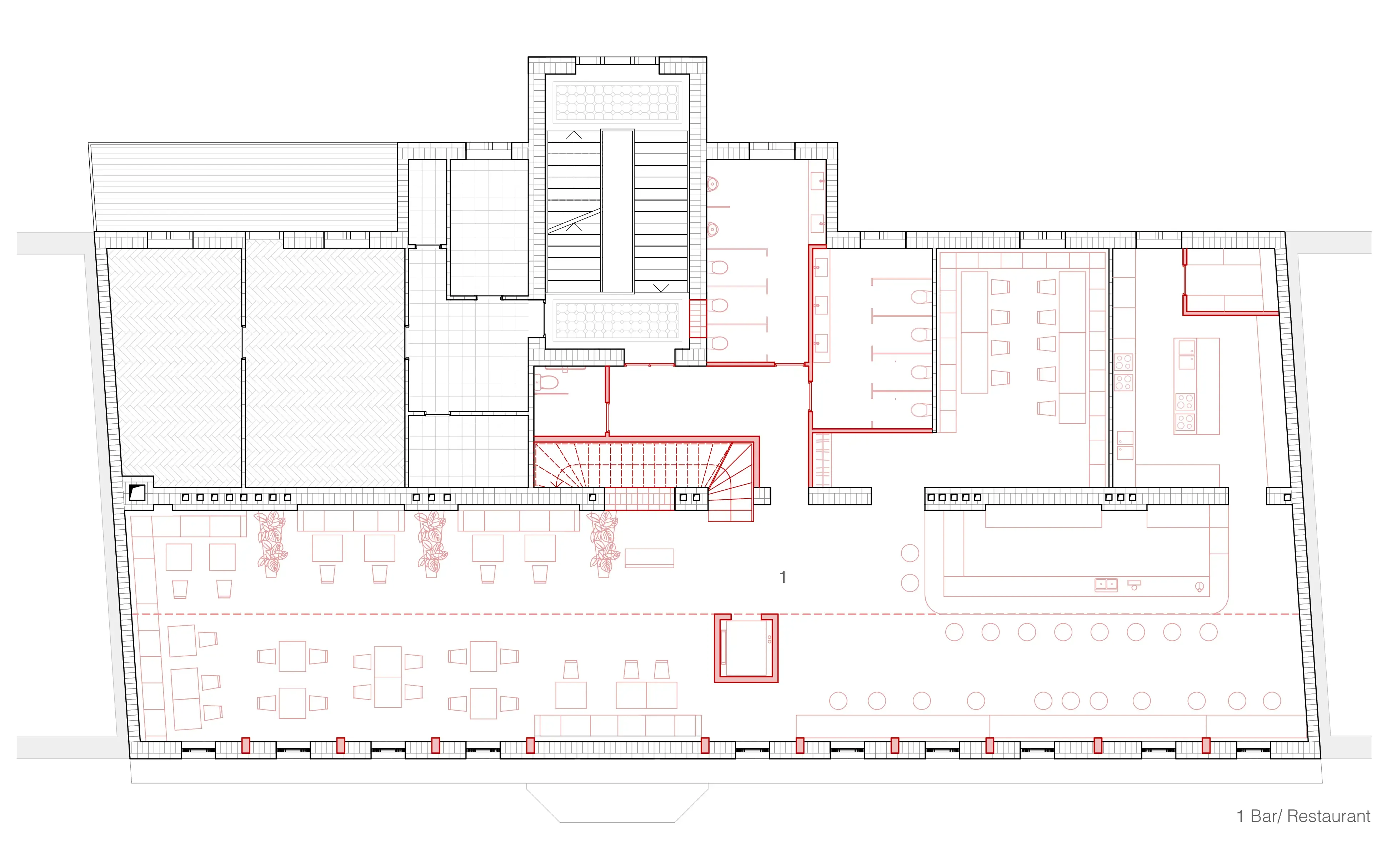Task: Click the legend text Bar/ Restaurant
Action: point(1310,817)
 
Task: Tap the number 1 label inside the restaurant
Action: point(782,577)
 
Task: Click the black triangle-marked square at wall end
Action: point(137,493)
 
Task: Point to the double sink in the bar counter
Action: point(1106,585)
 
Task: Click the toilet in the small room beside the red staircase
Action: point(546,383)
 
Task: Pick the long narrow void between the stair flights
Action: point(617,211)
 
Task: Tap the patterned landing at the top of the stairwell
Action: point(617,102)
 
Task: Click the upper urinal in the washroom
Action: point(712,183)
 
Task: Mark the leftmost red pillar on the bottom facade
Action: point(246,745)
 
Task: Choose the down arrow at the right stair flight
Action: point(661,288)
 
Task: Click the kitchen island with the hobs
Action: point(1197,386)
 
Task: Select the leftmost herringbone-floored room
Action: point(175,368)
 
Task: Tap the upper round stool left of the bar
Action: point(910,553)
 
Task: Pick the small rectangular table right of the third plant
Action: point(649,558)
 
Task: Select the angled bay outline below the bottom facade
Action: point(617,803)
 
